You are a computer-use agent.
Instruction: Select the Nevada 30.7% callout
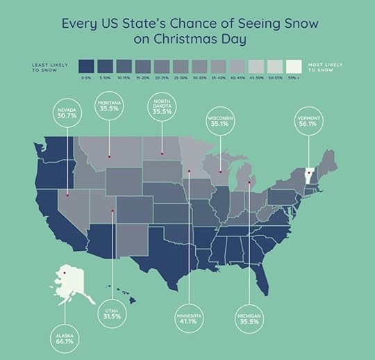click(67, 115)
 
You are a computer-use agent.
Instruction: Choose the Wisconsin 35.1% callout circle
click(220, 122)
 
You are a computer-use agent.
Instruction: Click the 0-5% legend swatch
click(87, 65)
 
